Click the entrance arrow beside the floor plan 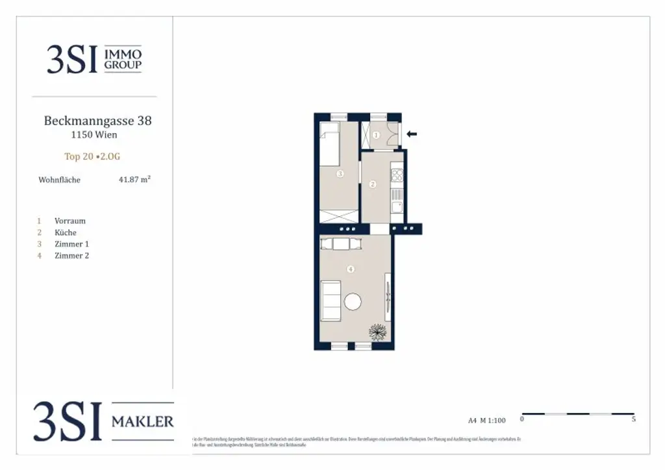tap(411, 134)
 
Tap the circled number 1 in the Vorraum tap(376, 135)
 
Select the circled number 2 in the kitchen tap(373, 184)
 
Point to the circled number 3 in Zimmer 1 tap(340, 174)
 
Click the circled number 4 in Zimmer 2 tap(351, 269)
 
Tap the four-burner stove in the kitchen tap(397, 175)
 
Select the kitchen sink tap(397, 206)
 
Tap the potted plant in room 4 tap(378, 332)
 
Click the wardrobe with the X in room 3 tap(338, 217)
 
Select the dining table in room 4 tap(342, 244)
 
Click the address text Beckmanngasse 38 tap(97, 121)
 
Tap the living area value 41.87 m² tap(134, 180)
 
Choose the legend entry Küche tap(66, 232)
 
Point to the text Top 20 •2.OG tap(92, 156)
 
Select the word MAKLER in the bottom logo tap(142, 422)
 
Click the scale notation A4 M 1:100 tap(486, 421)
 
